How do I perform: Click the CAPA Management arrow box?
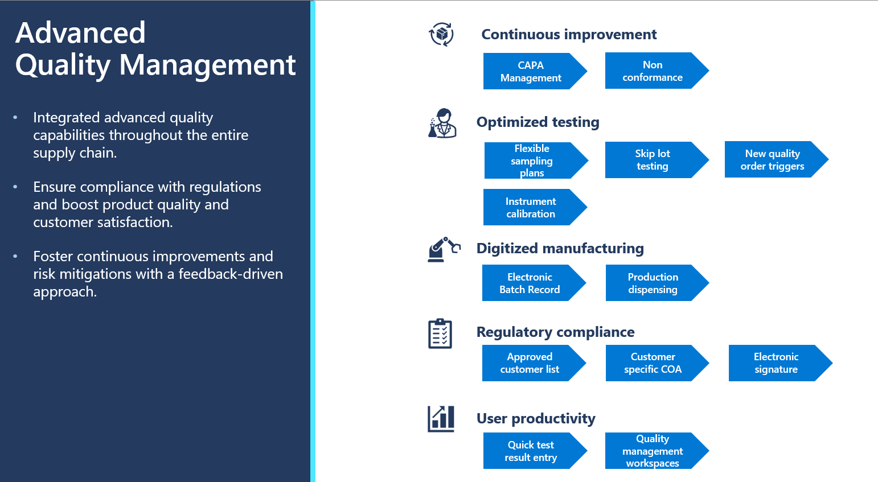pyautogui.click(x=531, y=72)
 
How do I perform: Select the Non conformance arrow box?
pyautogui.click(x=653, y=71)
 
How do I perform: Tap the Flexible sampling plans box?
pyautogui.click(x=532, y=160)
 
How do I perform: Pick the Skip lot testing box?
pyautogui.click(x=653, y=160)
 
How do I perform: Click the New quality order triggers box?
pyautogui.click(x=772, y=160)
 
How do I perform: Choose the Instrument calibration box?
pyautogui.click(x=531, y=208)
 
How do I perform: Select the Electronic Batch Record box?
pyautogui.click(x=530, y=283)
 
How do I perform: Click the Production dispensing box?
pyautogui.click(x=653, y=283)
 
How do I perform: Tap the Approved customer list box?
pyautogui.click(x=530, y=363)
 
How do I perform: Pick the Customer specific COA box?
pyautogui.click(x=653, y=363)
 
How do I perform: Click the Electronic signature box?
pyautogui.click(x=776, y=363)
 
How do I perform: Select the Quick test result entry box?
pyautogui.click(x=531, y=451)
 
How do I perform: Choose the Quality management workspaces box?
pyautogui.click(x=653, y=451)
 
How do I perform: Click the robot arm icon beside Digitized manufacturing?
pyautogui.click(x=444, y=249)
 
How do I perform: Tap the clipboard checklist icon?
pyautogui.click(x=440, y=333)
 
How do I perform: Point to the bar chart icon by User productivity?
pyautogui.click(x=441, y=419)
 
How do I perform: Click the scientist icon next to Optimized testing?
pyautogui.click(x=442, y=123)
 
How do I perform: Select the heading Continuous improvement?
pyautogui.click(x=569, y=35)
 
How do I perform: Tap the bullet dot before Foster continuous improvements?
pyautogui.click(x=15, y=257)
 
